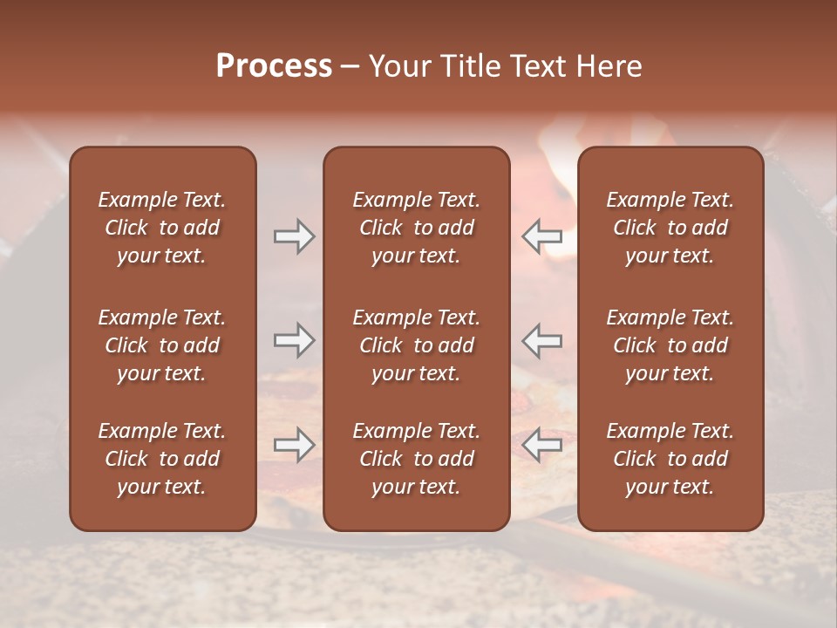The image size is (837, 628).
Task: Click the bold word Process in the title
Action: (274, 65)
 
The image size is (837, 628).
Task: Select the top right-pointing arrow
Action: (294, 236)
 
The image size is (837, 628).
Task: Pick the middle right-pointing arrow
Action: (294, 340)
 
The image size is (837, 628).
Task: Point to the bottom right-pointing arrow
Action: (294, 445)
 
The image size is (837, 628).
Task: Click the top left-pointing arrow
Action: (541, 236)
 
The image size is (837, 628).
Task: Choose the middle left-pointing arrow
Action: (541, 340)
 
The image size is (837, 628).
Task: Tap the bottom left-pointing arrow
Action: (541, 445)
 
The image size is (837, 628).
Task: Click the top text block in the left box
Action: (162, 228)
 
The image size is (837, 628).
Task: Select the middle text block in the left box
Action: (162, 345)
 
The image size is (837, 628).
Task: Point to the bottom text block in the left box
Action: (162, 459)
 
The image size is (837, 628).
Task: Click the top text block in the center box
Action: (416, 228)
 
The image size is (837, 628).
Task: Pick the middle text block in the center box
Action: (416, 345)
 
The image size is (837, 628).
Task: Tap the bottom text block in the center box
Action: (416, 459)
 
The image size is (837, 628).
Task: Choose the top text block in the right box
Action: (670, 228)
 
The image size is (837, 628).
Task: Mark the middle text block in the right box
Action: (670, 345)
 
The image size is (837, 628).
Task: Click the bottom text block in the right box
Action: (670, 459)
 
